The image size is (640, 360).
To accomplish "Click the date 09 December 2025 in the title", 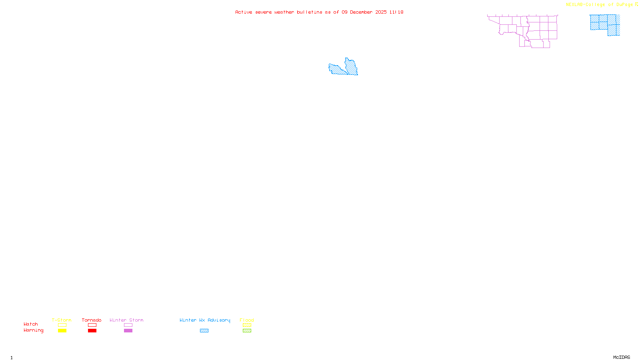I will point(364,12).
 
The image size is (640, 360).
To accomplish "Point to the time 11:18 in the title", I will point(396,12).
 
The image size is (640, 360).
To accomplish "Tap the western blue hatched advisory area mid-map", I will point(336,70).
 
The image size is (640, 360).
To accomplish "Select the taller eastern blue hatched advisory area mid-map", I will point(352,67).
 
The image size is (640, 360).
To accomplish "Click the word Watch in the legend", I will point(31,324).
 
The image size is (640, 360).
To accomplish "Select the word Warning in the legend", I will point(33,330).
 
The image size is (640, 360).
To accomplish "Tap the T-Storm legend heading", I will point(62,320).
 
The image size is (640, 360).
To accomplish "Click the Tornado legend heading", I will point(92,320).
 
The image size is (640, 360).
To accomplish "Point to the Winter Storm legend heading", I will point(126,320).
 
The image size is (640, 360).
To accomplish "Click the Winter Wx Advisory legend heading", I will point(205,320).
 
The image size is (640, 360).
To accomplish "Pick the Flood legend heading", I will point(247,320).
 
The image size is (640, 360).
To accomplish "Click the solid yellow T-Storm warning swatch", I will point(62,331).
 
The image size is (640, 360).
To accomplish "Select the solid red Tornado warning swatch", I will point(92,331).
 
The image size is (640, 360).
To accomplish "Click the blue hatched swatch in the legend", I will point(204,331).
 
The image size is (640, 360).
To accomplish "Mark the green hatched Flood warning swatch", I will point(247,331).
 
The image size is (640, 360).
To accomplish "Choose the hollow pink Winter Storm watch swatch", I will point(128,325).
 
